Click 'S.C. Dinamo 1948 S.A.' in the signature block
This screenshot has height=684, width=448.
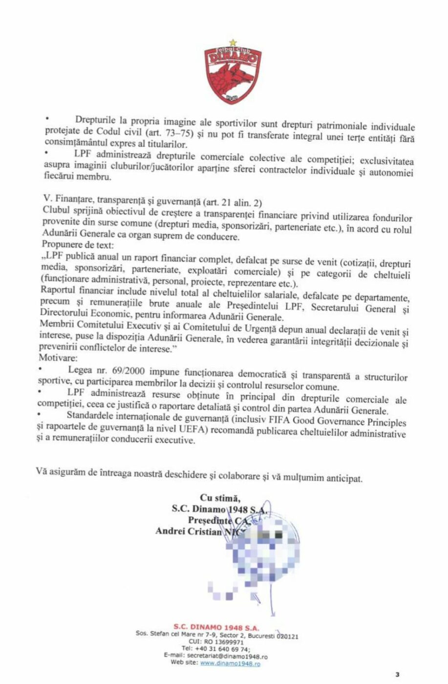[220, 509]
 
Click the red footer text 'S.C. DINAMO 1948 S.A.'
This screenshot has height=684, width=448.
[216, 628]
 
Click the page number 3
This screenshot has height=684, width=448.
[398, 675]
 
